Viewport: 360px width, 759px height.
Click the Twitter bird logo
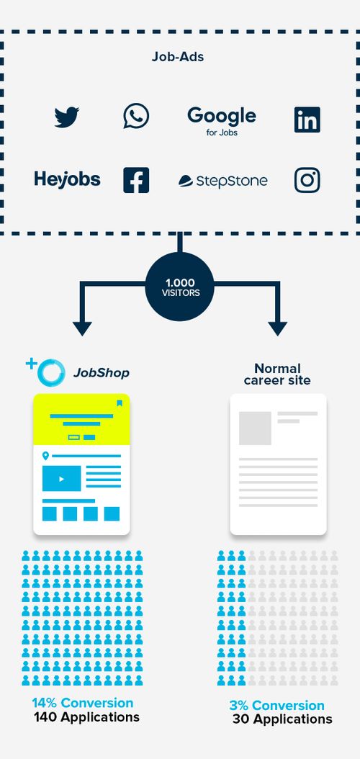67,117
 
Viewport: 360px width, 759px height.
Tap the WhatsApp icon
136,116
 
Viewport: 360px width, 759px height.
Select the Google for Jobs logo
221,120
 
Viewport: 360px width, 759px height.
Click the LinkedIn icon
307,120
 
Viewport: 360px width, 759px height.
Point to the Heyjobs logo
67,179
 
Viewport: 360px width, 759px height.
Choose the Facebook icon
136,180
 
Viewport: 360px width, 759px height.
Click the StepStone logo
223,181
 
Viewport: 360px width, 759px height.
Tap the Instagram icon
307,180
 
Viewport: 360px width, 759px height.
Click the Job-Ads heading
178,56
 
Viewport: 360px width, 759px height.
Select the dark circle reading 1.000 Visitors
179,287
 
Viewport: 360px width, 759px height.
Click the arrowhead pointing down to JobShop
83,328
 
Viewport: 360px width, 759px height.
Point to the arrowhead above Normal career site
277,328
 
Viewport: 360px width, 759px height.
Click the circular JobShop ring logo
50,372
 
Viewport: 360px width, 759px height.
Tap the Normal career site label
277,374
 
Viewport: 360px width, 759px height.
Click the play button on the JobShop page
61,479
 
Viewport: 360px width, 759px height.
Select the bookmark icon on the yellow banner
120,403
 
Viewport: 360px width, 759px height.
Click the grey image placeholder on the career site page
255,428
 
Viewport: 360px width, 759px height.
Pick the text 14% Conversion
83,703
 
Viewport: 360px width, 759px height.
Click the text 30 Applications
282,719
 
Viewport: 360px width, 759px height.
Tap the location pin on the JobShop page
45,456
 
